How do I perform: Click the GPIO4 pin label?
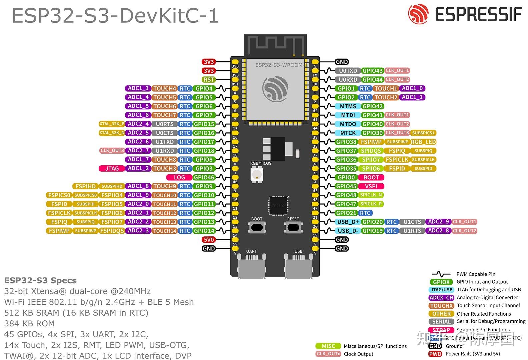(204, 89)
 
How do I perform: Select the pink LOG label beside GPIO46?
(179, 178)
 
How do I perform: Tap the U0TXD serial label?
(348, 71)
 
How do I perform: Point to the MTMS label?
(348, 106)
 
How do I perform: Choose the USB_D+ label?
(348, 222)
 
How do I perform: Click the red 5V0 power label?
(209, 240)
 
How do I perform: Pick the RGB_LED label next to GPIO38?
(423, 142)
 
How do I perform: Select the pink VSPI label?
(371, 186)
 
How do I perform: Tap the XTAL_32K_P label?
(112, 124)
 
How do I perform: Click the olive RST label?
(209, 80)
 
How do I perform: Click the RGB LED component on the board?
(257, 174)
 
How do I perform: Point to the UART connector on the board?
(252, 265)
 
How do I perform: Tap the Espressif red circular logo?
(418, 14)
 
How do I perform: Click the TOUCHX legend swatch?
(441, 306)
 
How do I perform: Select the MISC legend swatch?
(328, 346)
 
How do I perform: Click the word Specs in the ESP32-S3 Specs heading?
(64, 280)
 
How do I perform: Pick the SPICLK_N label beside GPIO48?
(371, 195)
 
